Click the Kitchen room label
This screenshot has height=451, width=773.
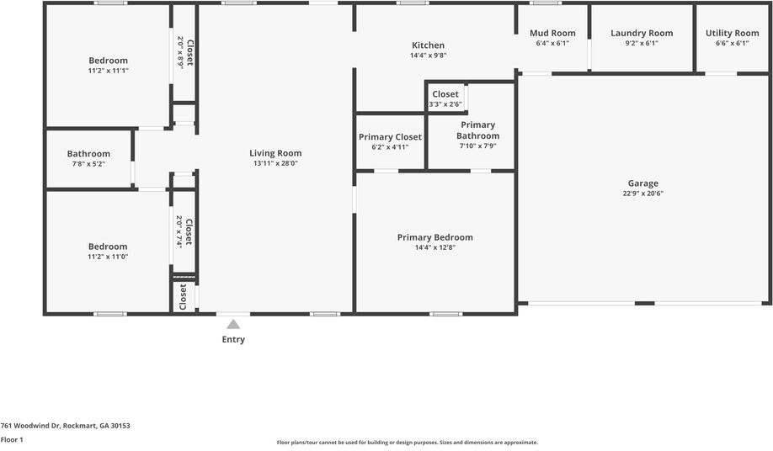tap(428, 45)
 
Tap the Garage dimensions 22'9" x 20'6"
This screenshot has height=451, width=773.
tap(642, 194)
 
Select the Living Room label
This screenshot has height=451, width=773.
tap(275, 153)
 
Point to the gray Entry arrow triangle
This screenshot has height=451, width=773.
tap(233, 324)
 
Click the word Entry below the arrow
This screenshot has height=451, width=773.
tap(233, 340)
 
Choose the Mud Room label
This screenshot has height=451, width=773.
tap(552, 34)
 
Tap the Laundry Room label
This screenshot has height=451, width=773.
tap(642, 34)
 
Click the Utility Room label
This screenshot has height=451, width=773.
tap(732, 34)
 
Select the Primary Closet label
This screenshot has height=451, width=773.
tap(390, 136)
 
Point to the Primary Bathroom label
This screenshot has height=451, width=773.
tap(477, 130)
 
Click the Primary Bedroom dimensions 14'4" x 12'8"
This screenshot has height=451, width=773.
tap(434, 248)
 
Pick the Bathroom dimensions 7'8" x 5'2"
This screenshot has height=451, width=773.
tap(88, 164)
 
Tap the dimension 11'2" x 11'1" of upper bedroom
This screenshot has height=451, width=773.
tap(108, 71)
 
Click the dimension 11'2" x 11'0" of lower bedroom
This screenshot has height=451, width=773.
tap(108, 257)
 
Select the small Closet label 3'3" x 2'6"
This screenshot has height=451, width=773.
tap(445, 94)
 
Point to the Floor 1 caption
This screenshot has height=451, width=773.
tap(12, 439)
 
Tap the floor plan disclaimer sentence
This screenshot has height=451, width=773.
tap(407, 443)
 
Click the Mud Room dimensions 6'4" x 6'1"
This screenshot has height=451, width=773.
tap(552, 44)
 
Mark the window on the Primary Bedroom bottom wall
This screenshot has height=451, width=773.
tap(446, 314)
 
